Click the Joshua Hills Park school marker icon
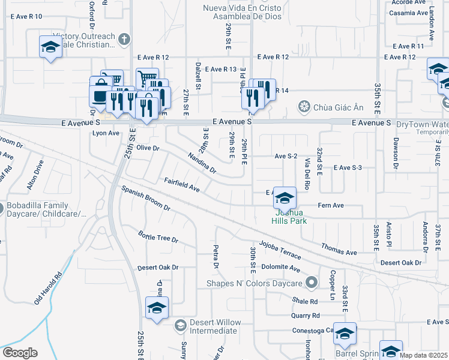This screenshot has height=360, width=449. coord(285,198)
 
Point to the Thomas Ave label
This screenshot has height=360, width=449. coord(339,248)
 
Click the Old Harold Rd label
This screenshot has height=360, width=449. coord(49,287)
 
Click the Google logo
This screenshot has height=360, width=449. coord(20,353)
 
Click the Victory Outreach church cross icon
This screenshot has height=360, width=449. coord(124,39)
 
